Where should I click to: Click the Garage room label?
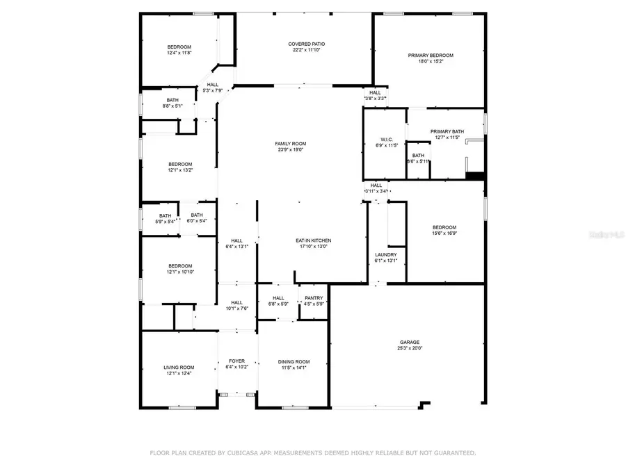click(410, 342)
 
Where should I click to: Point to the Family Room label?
click(290, 144)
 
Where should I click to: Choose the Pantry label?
click(314, 298)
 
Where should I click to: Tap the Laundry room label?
click(386, 255)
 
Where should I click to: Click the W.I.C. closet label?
click(387, 139)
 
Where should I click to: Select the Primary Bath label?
click(447, 131)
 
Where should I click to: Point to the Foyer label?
click(236, 361)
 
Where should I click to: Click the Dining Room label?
click(294, 362)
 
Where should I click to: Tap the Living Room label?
click(179, 368)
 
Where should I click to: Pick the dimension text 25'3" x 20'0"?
click(410, 348)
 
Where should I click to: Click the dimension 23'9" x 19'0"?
click(290, 150)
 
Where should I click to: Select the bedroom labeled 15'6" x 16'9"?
click(444, 228)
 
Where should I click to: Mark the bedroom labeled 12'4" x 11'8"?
click(179, 47)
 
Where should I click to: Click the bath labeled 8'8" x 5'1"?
click(172, 100)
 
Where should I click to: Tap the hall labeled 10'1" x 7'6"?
click(236, 302)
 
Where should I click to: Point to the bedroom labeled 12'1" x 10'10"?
click(179, 266)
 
